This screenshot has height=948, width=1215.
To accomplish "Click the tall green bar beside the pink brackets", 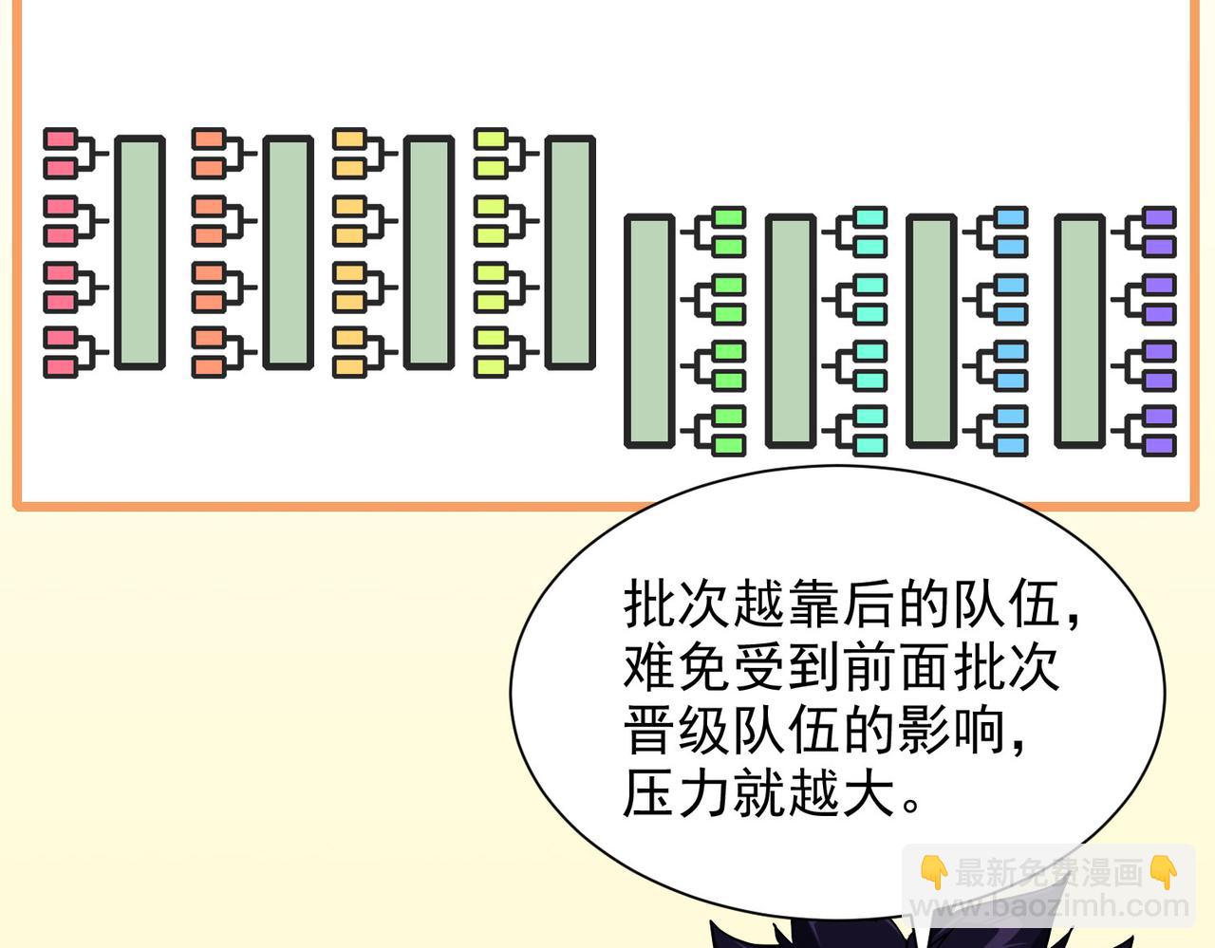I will pyautogui.click(x=140, y=252).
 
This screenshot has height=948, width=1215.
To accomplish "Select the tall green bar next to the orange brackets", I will pyautogui.click(x=288, y=252).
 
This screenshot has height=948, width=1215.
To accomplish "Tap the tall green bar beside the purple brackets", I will pyautogui.click(x=1079, y=330).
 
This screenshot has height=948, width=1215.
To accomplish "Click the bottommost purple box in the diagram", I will pyautogui.click(x=1159, y=444).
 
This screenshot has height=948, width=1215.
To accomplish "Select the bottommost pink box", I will pyautogui.click(x=60, y=366).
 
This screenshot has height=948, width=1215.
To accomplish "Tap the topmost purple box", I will pyautogui.click(x=1159, y=218).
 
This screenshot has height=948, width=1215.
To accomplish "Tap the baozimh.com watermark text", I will pyautogui.click(x=1049, y=907).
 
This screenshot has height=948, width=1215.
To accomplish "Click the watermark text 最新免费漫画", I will pyautogui.click(x=1049, y=872).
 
